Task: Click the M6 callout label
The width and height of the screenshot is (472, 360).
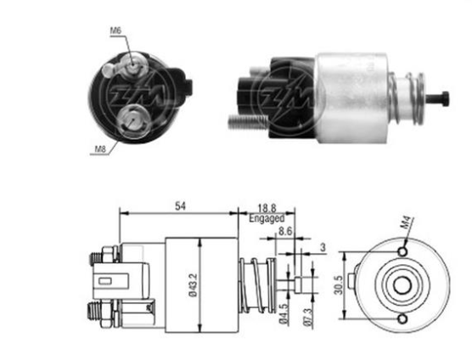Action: click(115, 31)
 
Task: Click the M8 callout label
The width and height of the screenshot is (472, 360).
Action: click(100, 149)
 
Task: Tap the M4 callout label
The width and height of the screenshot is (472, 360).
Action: click(407, 222)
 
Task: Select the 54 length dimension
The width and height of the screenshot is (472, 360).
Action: click(180, 206)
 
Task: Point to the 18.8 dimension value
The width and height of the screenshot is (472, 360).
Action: click(267, 208)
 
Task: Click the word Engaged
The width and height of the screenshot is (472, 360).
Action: click(267, 218)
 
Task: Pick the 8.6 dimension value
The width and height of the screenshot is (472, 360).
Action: click(285, 231)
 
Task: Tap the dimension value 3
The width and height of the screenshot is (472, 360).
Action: click(323, 247)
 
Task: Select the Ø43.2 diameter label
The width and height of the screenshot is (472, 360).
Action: click(193, 284)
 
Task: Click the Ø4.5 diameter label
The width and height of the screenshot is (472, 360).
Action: click(284, 313)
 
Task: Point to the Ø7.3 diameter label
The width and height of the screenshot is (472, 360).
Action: click(307, 317)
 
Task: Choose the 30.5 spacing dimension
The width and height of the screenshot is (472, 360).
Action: click(339, 285)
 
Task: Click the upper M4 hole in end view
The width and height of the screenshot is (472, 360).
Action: click(402, 251)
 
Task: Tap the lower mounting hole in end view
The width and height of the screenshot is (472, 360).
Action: click(402, 319)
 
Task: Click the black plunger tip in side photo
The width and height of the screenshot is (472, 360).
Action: click(439, 98)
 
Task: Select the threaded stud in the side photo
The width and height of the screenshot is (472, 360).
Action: click(247, 122)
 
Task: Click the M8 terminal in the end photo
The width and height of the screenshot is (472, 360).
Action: click(132, 121)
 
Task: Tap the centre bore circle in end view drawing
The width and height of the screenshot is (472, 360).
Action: click(402, 285)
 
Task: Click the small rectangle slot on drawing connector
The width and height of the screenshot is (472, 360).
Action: click(105, 281)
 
